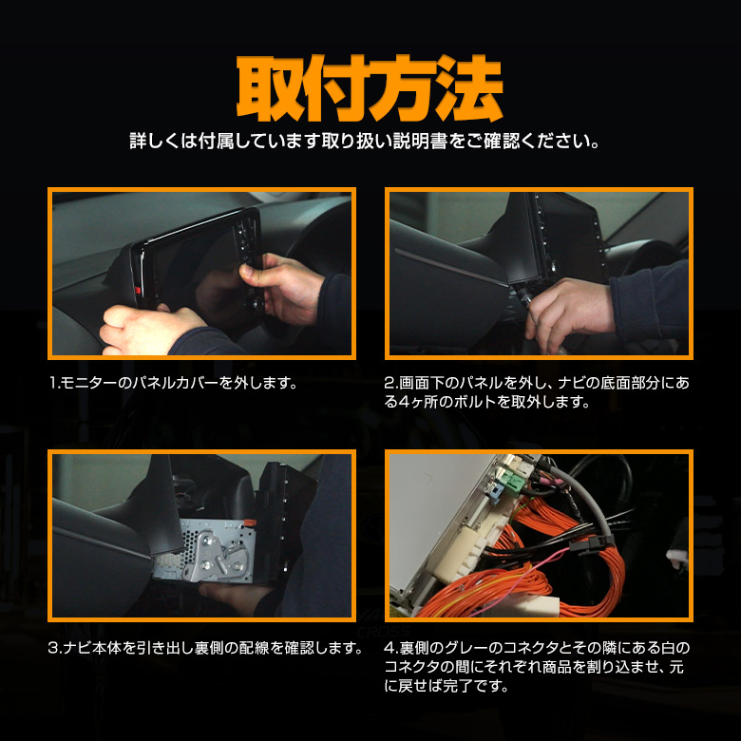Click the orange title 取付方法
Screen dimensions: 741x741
[x=370, y=88]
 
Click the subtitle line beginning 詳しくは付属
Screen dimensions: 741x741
[x=365, y=141]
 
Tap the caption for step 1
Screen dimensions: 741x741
[x=173, y=382]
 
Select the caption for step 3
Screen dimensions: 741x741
[x=205, y=648]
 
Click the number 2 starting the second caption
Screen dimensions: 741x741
[x=389, y=383]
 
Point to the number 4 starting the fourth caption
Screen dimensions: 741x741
[x=389, y=648]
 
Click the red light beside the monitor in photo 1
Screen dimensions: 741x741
[x=138, y=290]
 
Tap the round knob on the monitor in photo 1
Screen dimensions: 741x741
[x=258, y=304]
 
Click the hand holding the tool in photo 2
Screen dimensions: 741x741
[x=568, y=312]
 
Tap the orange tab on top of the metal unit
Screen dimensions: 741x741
[x=249, y=522]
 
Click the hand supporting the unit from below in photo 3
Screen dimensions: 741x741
[x=237, y=595]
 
